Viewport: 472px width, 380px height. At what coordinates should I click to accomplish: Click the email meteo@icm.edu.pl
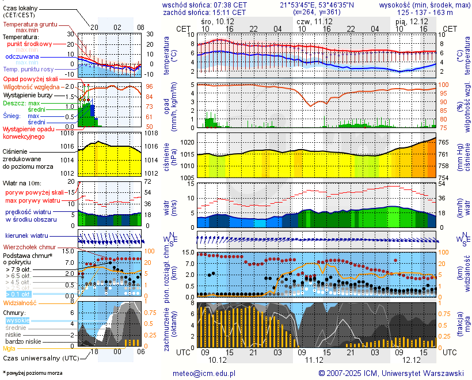[x=204, y=373]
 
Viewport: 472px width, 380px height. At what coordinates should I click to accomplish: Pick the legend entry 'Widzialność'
[x=20, y=302]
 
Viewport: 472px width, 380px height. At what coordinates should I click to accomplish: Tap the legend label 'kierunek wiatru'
[x=26, y=235]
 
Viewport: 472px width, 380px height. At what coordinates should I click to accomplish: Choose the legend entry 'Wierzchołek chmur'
[x=31, y=247]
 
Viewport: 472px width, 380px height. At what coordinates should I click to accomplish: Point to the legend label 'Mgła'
[x=9, y=348]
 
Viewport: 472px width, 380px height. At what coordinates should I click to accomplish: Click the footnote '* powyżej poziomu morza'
[x=32, y=373]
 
